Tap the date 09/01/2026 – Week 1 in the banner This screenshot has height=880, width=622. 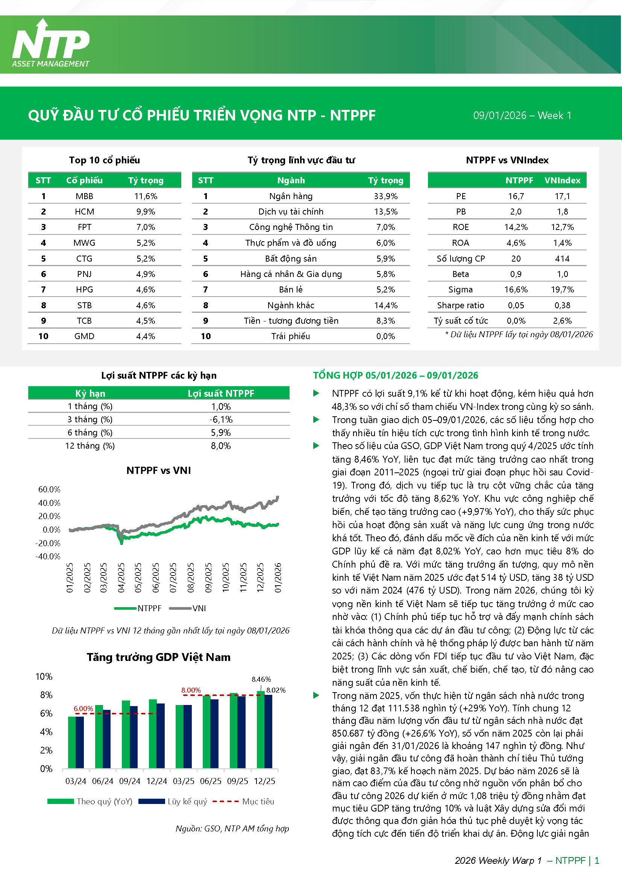tap(522, 116)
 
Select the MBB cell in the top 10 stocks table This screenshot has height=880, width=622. tap(84, 196)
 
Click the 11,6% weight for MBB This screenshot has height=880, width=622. tap(146, 196)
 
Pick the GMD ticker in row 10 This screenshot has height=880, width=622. tap(84, 336)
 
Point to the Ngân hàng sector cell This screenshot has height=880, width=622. tap(291, 196)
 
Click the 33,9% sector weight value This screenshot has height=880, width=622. tap(386, 196)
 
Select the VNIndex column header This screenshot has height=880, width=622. tap(562, 180)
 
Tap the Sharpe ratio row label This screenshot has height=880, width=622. tap(460, 305)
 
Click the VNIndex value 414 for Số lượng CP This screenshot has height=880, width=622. tap(562, 259)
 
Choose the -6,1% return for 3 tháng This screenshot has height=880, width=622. tap(221, 419)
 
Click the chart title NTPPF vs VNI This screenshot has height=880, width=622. tap(159, 470)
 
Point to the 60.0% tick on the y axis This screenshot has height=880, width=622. tap(49, 489)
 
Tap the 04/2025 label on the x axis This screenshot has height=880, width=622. tap(121, 578)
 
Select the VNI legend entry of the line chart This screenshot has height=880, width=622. tap(193, 608)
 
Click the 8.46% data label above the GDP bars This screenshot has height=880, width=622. tap(261, 679)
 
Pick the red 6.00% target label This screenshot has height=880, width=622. tap(83, 709)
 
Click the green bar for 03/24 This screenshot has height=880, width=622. tap(71, 742)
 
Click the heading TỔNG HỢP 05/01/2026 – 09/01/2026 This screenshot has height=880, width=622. tap(396, 375)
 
